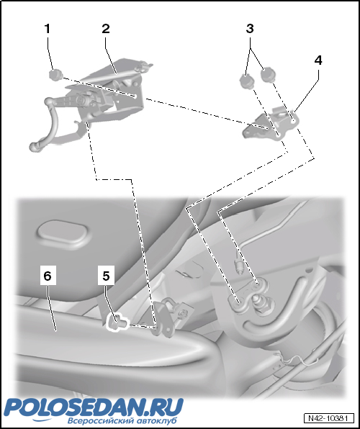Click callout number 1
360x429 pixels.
[x=48, y=29]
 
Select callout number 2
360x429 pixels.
[x=106, y=29]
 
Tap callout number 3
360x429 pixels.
[x=250, y=29]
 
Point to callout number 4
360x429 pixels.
[x=318, y=60]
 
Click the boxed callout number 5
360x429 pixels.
[x=106, y=276]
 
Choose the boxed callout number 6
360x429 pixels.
[x=48, y=276]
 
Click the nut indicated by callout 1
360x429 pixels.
[x=55, y=75]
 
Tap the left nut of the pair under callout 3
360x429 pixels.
[x=247, y=81]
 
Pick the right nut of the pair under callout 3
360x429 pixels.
[x=267, y=76]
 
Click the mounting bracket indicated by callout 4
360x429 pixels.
[x=270, y=125]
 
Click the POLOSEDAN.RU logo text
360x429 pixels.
[x=93, y=407]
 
